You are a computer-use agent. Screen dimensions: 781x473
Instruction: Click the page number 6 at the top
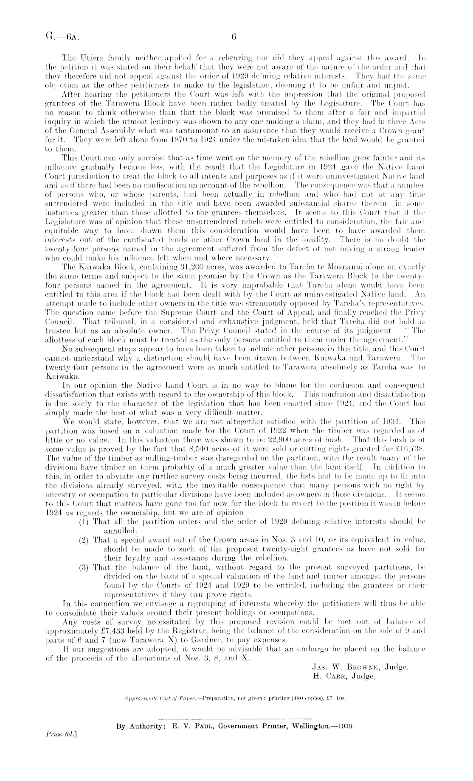point(233,36)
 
